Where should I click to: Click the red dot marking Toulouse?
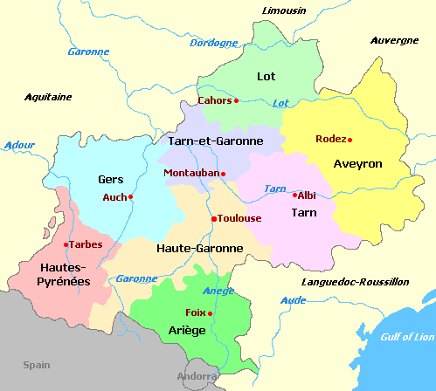tap(213, 218)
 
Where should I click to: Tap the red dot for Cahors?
tap(236, 100)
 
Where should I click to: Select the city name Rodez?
tap(330, 139)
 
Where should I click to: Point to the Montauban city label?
tap(190, 173)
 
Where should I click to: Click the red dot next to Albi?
tap(294, 195)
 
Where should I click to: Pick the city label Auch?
tap(114, 197)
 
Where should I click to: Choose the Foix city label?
tap(196, 312)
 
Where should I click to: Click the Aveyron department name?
tap(358, 163)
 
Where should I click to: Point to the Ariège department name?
tap(186, 330)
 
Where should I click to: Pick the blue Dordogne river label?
tap(213, 43)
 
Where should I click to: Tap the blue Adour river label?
tap(19, 145)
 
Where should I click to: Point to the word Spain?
tap(37, 365)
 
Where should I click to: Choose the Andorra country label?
tap(195, 377)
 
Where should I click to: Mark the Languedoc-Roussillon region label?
tap(355, 282)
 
